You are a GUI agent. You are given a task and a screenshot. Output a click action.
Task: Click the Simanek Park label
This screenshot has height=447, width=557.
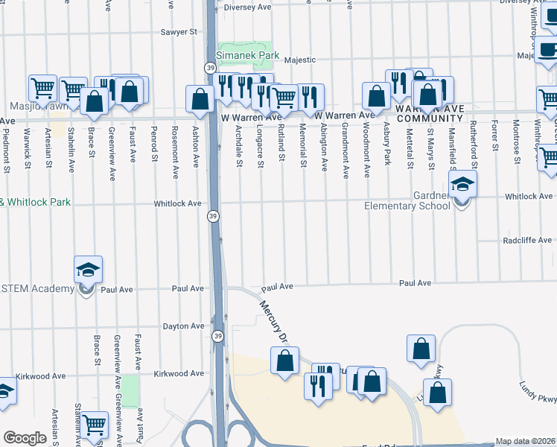tap(246, 55)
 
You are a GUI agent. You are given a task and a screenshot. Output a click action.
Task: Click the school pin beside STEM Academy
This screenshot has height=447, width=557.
tap(88, 270)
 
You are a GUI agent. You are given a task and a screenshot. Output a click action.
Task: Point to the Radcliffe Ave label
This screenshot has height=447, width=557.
tap(527, 241)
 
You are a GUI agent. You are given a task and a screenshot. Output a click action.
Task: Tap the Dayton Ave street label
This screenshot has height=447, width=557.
tap(183, 326)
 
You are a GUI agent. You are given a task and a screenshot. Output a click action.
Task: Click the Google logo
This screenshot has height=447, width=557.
tap(25, 438)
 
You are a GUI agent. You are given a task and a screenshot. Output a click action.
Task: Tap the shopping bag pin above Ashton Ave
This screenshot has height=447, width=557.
tap(200, 99)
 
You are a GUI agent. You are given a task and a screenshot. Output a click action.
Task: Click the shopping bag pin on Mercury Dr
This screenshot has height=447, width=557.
tap(284, 361)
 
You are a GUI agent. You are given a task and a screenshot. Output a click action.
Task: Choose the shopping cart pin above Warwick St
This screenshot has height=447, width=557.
tap(42, 89)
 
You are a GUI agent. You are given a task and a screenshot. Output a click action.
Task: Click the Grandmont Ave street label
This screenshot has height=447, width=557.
tap(346, 151)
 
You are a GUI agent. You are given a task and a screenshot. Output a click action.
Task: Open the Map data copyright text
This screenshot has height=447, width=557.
tap(525, 441)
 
